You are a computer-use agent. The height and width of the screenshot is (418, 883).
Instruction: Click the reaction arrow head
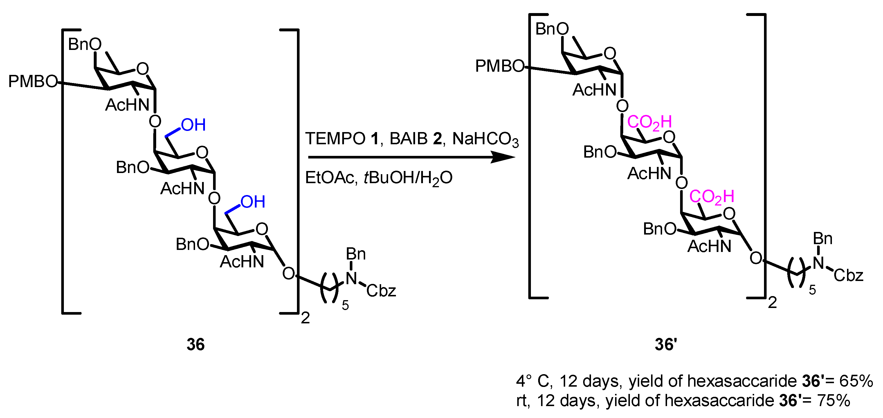click(504, 157)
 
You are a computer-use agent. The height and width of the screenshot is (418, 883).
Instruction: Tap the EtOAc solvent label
click(329, 178)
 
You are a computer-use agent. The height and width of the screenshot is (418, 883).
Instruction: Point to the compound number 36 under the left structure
click(195, 344)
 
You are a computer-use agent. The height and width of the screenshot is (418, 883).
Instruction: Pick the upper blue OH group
click(193, 125)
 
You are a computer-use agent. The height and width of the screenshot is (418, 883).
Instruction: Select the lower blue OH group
click(253, 202)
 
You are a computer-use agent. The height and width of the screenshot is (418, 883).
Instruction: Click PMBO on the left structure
click(33, 82)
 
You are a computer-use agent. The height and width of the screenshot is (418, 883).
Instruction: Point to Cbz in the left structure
click(381, 291)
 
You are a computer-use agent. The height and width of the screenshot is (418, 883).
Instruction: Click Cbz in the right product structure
click(848, 275)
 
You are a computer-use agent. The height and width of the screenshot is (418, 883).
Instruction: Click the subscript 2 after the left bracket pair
click(305, 318)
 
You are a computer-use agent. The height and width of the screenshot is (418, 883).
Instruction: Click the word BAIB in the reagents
click(409, 139)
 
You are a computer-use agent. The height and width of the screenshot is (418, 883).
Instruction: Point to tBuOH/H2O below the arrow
click(408, 178)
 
